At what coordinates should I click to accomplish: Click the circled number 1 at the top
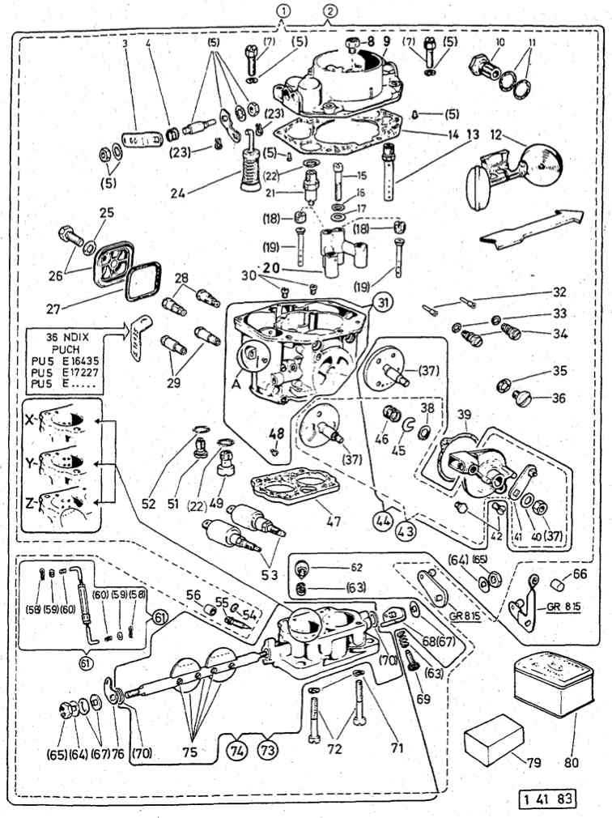click(x=282, y=11)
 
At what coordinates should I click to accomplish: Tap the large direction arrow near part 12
click(x=530, y=228)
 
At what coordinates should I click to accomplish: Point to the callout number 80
click(x=574, y=761)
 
